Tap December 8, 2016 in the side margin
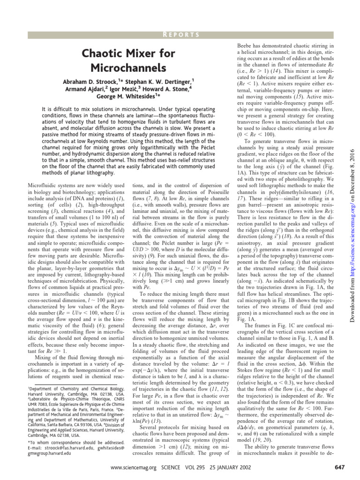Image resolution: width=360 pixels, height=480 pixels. point(352,166)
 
